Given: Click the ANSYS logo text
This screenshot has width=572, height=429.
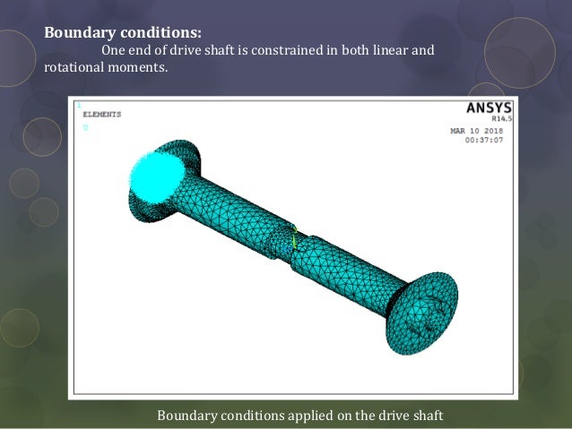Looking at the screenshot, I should (x=488, y=108).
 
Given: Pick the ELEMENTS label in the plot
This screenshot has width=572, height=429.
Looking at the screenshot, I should (x=101, y=115).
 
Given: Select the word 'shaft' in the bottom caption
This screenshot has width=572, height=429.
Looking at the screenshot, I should (x=425, y=416).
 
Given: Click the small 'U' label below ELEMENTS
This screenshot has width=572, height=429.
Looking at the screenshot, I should (x=85, y=128).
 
